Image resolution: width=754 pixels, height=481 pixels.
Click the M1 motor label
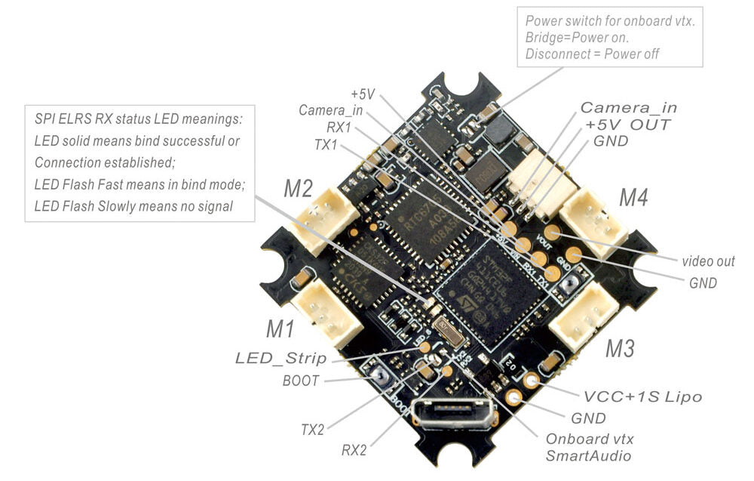[x=280, y=328]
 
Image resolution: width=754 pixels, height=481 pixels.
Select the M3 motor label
[x=620, y=348]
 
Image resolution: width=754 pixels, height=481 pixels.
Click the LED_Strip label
[x=280, y=358]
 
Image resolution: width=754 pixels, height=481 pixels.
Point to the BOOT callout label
[x=301, y=381]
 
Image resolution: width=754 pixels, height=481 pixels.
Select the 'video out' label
[x=707, y=261]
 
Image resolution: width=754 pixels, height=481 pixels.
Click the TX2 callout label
[x=312, y=430]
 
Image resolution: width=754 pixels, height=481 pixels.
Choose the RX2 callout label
[x=354, y=450]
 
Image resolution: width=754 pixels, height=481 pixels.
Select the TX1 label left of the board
[x=326, y=144]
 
